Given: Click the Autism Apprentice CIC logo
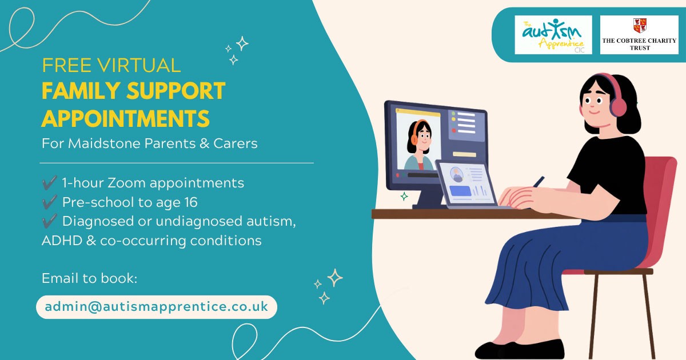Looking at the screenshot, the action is coord(553,35).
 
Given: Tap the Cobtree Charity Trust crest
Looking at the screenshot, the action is coord(640,26).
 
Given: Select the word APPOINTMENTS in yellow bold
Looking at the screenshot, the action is coord(126,118).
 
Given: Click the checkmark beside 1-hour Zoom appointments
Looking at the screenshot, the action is coord(50,183).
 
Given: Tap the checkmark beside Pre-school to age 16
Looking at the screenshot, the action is coord(50,202).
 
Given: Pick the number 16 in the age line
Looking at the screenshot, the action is coord(191,202).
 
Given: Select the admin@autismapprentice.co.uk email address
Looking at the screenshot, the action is coord(157,307).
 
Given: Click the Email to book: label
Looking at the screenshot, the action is coord(89,278).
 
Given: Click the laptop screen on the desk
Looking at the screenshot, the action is coord(466,183).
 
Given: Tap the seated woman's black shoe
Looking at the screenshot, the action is coord(520,350).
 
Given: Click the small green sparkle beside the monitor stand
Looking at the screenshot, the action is coord(404,196).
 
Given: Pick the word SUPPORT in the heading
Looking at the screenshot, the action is coord(176,91).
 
